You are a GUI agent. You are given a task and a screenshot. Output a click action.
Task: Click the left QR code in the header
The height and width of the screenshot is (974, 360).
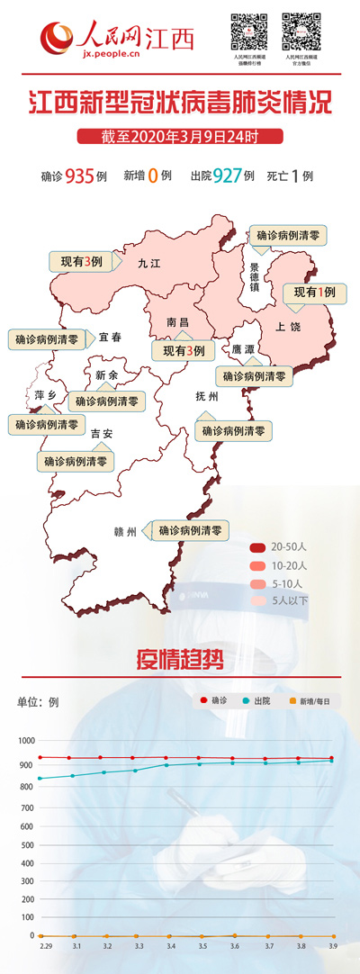[x=249, y=32]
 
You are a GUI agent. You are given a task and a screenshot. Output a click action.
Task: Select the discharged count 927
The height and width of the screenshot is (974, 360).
[x=228, y=176]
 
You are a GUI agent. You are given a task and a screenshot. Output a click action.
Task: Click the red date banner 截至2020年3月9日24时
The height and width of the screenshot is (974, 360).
[x=180, y=137]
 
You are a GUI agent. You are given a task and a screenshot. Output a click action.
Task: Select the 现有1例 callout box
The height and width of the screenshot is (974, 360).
[x=315, y=293]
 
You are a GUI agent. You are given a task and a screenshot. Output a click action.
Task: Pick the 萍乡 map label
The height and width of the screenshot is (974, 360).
[x=45, y=395]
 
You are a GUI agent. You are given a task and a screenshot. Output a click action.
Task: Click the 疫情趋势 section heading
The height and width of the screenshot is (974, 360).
[x=180, y=659]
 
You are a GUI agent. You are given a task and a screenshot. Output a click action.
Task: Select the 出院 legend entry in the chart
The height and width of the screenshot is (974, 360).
[x=256, y=700]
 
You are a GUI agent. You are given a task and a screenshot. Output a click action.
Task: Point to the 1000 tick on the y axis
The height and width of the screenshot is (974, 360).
[x=25, y=740]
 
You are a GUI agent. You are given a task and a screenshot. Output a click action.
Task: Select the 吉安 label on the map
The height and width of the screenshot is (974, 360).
[x=101, y=433]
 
